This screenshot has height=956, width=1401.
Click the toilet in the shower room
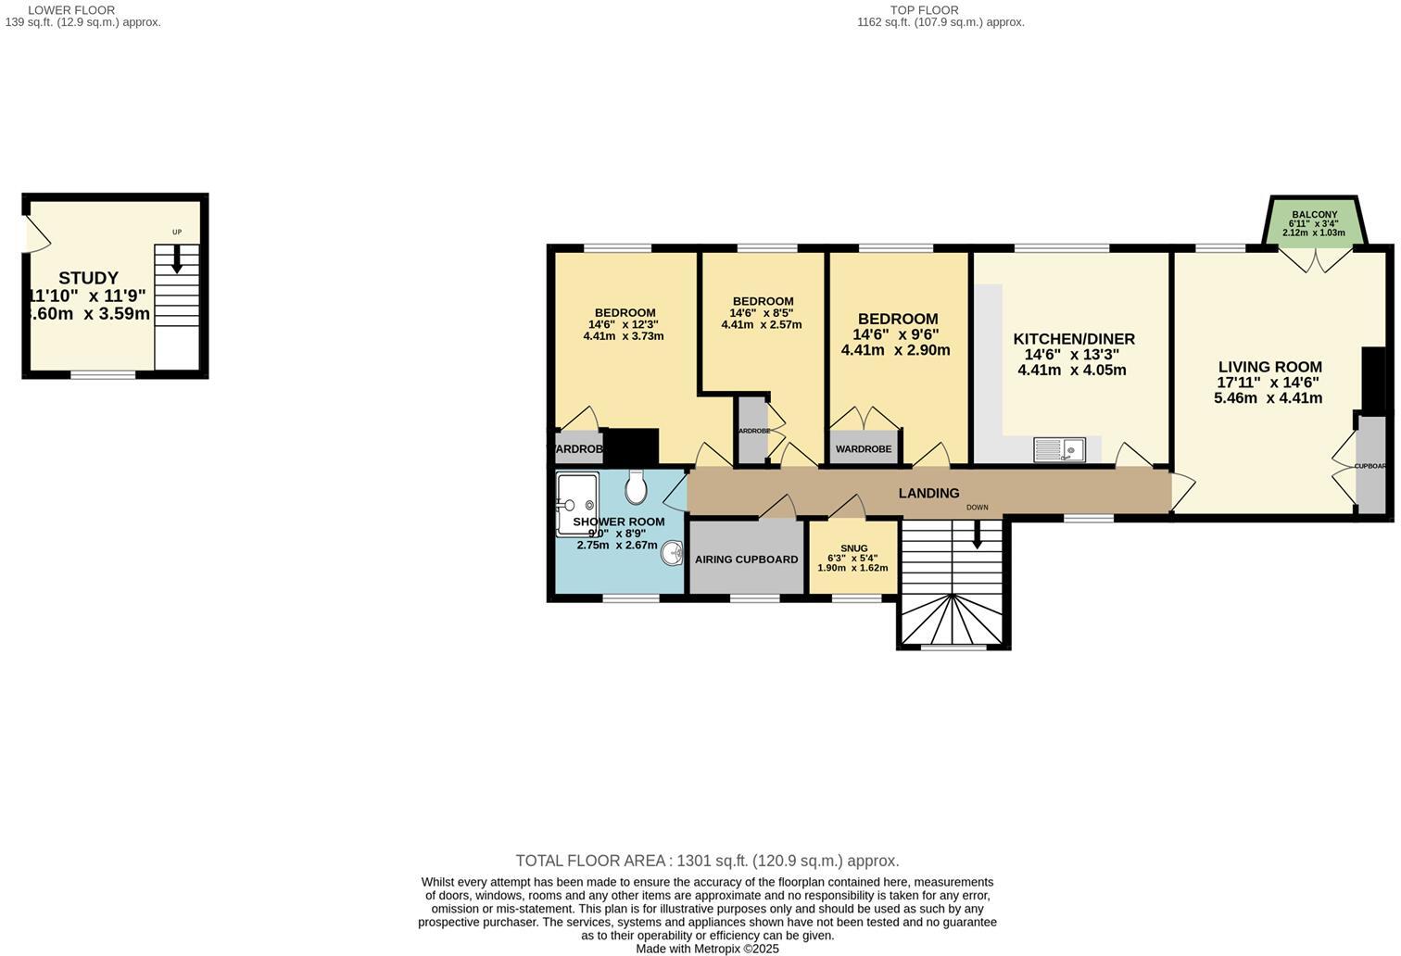[x=636, y=486]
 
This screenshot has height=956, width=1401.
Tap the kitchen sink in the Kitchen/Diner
[x=1059, y=450]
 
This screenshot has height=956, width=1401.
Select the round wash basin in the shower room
[x=672, y=553]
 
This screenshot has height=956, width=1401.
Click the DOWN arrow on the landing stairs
[x=976, y=535]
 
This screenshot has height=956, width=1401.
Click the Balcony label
[x=1314, y=214]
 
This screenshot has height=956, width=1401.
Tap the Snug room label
[x=853, y=548]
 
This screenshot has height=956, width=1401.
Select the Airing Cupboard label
[x=746, y=560]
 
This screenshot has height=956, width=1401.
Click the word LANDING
[x=928, y=493]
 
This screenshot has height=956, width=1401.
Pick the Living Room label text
[x=1269, y=367]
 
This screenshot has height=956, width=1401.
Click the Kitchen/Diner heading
[x=1073, y=339]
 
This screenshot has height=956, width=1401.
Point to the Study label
[x=88, y=278]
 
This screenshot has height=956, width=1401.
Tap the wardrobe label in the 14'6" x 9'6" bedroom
[x=864, y=449]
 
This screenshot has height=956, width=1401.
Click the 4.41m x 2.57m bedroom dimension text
[x=761, y=325]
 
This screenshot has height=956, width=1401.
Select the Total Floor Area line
[x=707, y=861]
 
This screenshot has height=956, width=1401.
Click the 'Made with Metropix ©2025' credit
[x=707, y=949]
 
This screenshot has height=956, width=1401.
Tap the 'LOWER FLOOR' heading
[x=71, y=10]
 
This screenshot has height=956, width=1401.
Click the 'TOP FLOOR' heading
[x=924, y=10]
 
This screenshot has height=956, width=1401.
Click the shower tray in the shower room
[x=577, y=504]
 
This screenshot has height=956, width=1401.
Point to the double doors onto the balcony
[x=1315, y=258]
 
